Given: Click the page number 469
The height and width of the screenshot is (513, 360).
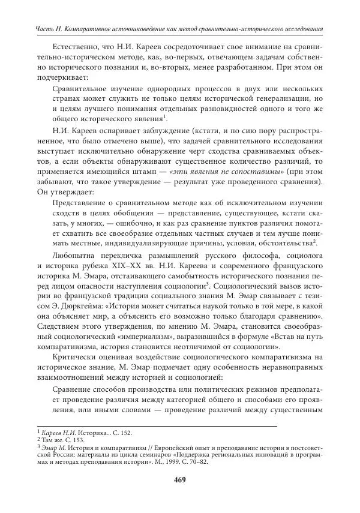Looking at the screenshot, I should pos(179,479).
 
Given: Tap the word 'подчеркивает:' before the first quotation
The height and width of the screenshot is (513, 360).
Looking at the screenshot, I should pos(61,77).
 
